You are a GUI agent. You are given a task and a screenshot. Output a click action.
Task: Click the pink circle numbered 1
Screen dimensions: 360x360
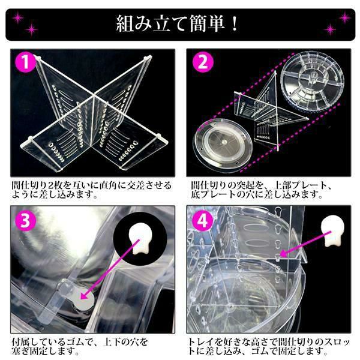click(25, 62)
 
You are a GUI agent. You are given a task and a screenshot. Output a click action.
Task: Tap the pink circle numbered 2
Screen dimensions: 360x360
click(203, 62)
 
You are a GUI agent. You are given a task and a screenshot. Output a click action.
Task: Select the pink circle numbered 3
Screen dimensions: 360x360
click(25, 220)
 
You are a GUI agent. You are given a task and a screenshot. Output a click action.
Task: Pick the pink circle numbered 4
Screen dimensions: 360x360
click(202, 221)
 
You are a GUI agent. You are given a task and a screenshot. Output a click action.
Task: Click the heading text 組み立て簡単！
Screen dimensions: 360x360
click(177, 24)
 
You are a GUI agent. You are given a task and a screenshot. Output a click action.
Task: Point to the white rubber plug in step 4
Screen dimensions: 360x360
click(332, 231)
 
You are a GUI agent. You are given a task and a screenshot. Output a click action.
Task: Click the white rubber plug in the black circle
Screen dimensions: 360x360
click(140, 241)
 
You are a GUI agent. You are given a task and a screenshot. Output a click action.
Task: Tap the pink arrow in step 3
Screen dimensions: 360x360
click(110, 269)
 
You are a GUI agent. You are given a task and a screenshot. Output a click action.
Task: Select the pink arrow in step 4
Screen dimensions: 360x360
click(305, 244)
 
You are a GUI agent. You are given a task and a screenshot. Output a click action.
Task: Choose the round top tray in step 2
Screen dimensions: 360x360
click(314, 81)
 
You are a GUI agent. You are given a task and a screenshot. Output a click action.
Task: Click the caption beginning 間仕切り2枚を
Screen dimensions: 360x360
click(91, 190)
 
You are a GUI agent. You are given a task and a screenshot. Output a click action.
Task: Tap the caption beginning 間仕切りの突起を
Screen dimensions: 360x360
click(261, 190)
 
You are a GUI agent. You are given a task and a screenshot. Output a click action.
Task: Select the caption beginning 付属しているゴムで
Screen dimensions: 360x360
click(80, 346)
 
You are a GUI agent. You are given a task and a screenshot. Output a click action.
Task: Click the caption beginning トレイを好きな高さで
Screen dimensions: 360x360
click(269, 346)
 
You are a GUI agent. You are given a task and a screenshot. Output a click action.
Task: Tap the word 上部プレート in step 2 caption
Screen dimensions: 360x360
click(298, 185)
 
